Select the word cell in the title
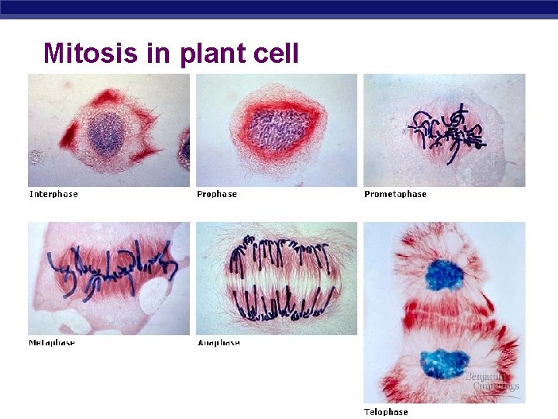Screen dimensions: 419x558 274,53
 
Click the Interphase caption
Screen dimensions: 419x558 53,194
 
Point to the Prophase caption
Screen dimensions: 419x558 217,194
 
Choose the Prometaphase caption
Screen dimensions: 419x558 395,194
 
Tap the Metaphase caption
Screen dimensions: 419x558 52,342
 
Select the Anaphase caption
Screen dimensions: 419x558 219,342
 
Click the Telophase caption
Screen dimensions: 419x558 386,411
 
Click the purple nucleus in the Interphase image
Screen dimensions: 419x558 105,134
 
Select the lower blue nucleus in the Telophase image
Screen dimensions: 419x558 444,364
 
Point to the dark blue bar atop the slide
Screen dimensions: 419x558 279,7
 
